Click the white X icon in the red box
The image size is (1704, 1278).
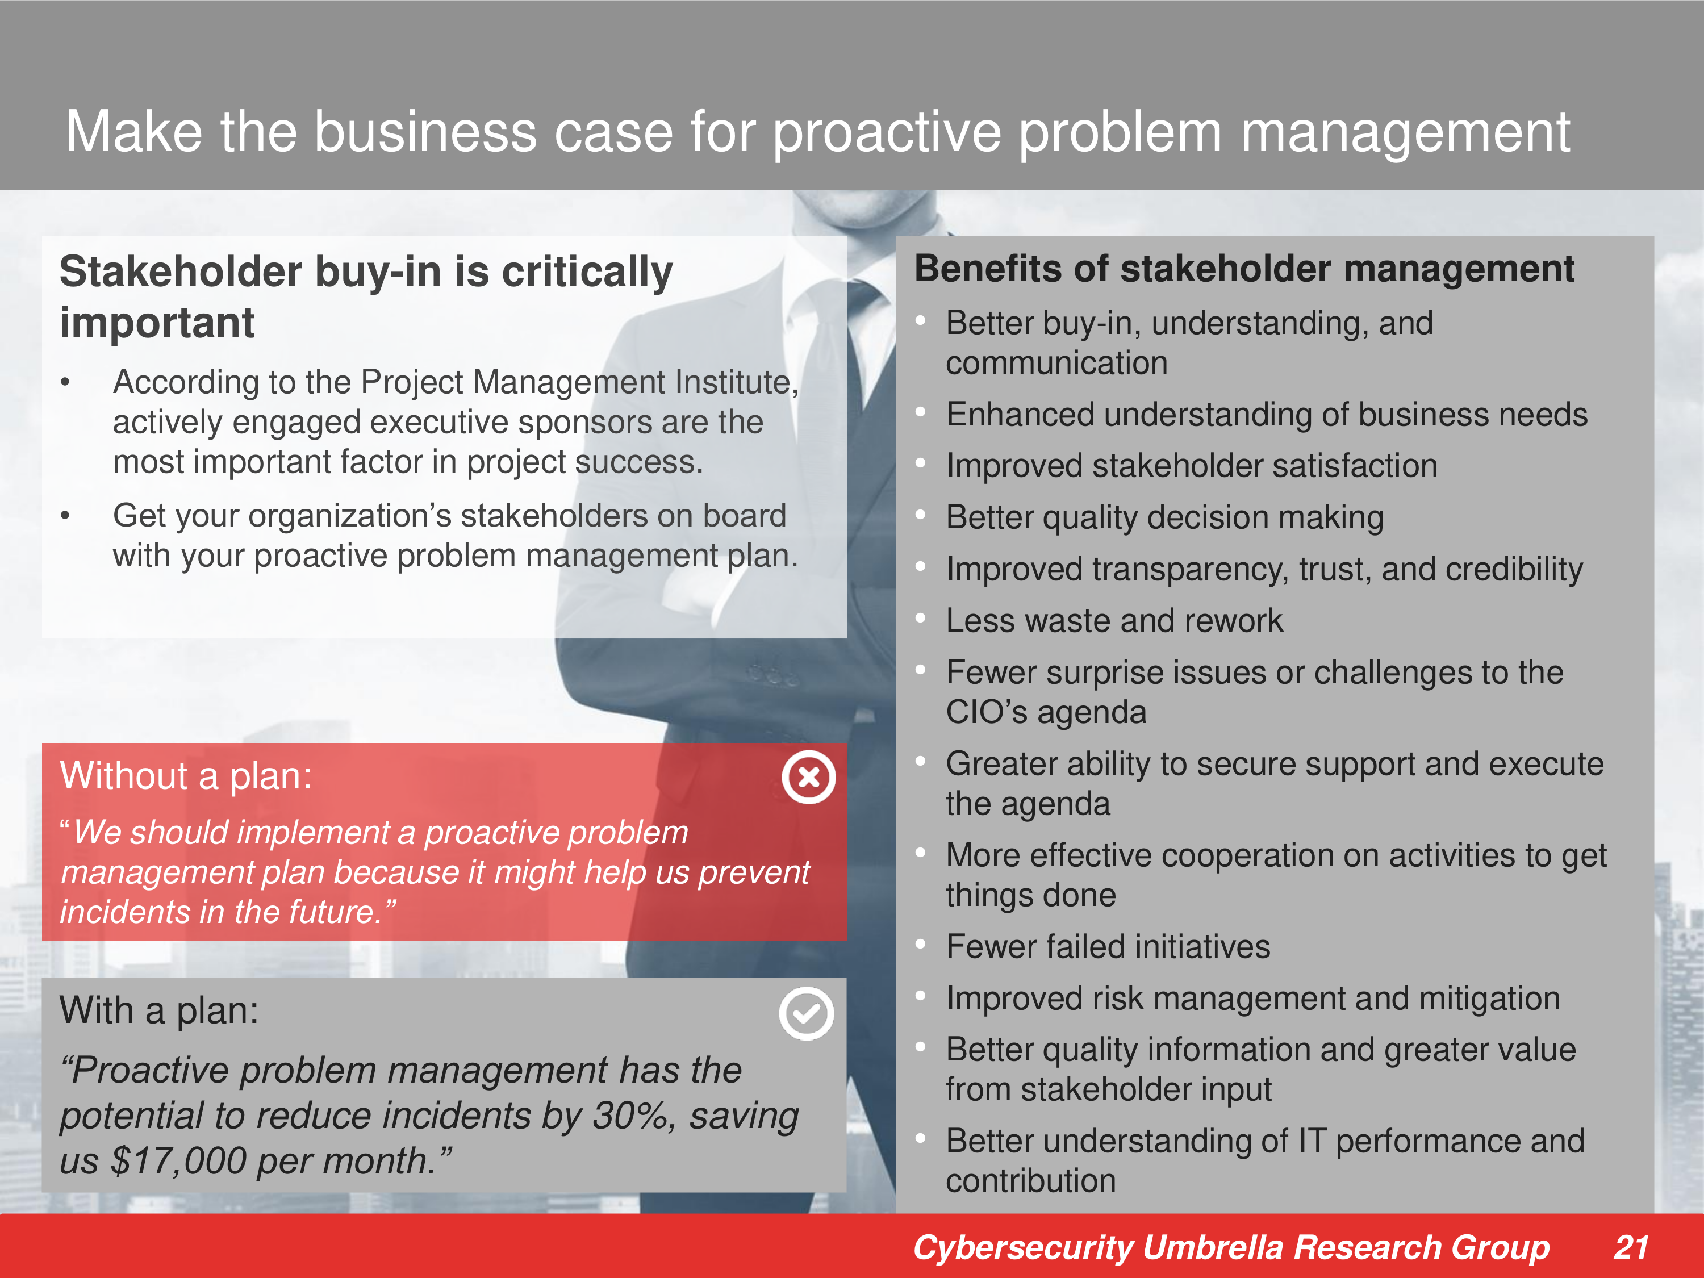[x=809, y=777]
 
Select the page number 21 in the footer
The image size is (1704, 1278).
[x=1631, y=1247]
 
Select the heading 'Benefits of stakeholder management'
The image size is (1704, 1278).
[x=1244, y=269]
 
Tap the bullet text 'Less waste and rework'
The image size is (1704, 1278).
[x=1114, y=621]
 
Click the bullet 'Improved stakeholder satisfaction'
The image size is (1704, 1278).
[x=1192, y=465]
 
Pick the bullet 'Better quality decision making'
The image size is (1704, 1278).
[x=1165, y=517]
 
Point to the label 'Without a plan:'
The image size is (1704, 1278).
[x=186, y=776]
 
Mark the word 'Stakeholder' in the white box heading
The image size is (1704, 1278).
[x=181, y=272]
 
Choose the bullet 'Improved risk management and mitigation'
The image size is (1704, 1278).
[x=1252, y=999]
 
